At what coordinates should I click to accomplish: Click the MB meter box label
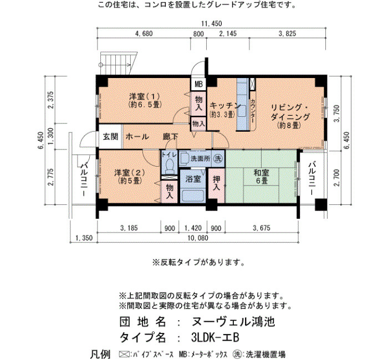coord(198,84)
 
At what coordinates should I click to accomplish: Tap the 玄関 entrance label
coord(110,136)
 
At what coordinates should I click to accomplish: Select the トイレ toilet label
coord(169,155)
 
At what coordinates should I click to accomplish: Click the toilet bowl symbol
coord(170,166)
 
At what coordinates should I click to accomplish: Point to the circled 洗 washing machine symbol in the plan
coord(218,158)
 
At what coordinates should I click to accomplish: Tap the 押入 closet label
coord(217,183)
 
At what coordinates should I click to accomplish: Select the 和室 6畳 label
coord(261,177)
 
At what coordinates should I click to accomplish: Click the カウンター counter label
coord(253,111)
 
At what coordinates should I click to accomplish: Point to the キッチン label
coord(225,106)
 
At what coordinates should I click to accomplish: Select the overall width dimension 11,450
coord(211,24)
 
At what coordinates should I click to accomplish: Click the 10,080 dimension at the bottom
coord(198,238)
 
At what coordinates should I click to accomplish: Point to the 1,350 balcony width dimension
coord(84,238)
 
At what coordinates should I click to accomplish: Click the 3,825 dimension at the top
coord(287,34)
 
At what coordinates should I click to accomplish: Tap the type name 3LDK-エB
coord(215,337)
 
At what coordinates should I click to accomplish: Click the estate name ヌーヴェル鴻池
coord(233,322)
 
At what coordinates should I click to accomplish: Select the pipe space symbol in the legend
coord(125,353)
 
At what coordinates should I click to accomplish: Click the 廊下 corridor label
coord(171,136)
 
